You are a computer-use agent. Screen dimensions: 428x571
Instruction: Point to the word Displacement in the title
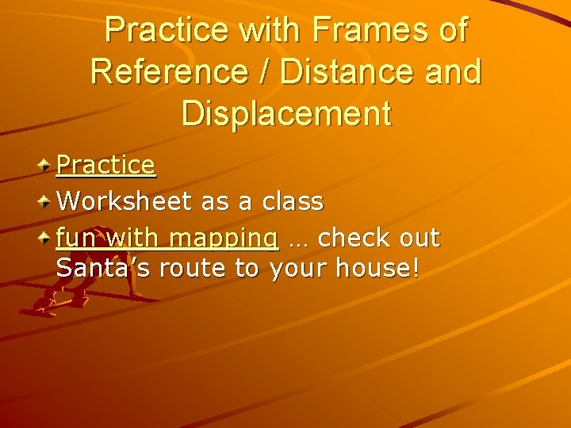(x=286, y=113)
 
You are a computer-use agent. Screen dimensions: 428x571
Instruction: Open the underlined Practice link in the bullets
(x=106, y=165)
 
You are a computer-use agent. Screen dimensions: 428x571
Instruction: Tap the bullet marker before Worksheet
(x=46, y=201)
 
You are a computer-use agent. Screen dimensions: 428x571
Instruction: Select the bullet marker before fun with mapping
(x=46, y=237)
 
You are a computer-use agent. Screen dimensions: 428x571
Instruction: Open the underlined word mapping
(x=224, y=239)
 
